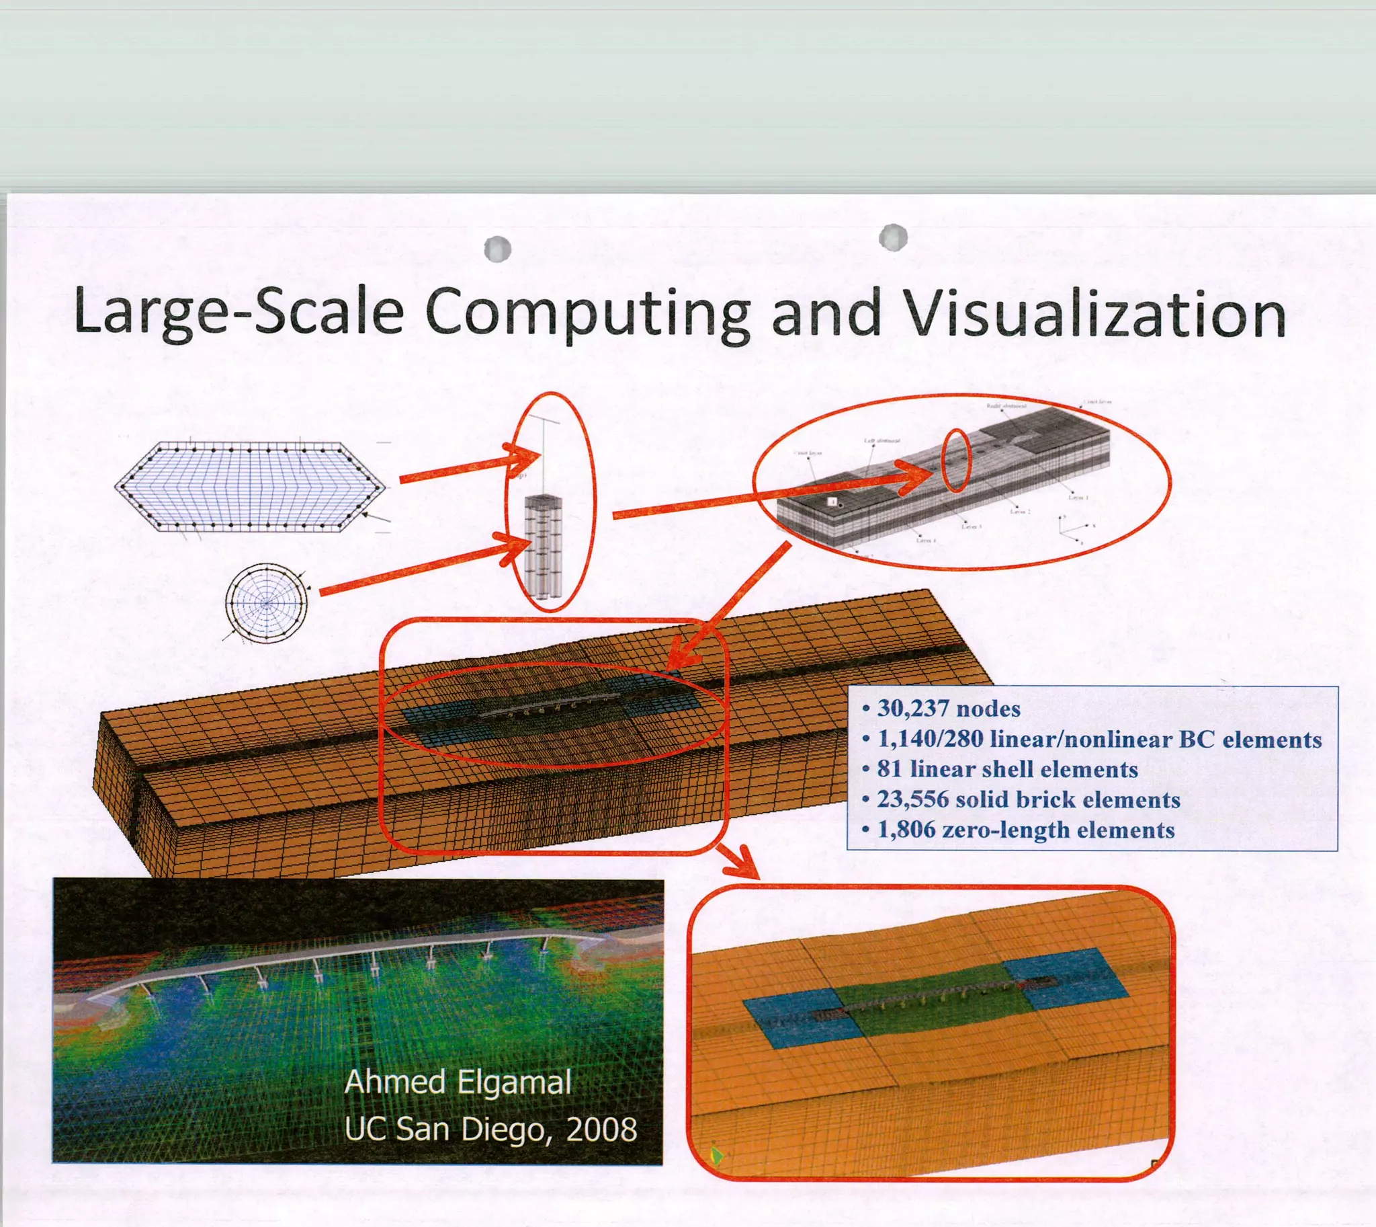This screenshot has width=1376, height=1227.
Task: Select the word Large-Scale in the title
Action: click(239, 311)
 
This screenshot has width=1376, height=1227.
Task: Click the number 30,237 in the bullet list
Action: click(913, 709)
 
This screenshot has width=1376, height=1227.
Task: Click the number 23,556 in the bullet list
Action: click(913, 799)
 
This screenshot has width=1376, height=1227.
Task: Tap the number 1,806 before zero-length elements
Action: click(906, 829)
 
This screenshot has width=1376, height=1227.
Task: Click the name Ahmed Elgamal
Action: click(458, 1082)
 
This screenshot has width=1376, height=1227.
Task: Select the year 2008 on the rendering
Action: click(602, 1130)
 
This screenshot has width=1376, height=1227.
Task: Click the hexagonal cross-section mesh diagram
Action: click(250, 487)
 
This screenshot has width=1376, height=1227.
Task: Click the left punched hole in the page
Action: click(497, 249)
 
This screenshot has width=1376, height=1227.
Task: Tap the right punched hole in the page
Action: click(893, 237)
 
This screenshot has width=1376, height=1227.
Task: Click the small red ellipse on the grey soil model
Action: click(955, 461)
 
